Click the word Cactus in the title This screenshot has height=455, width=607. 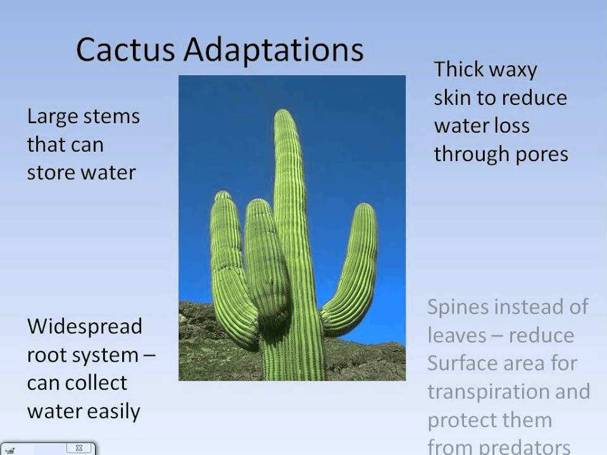click(125, 49)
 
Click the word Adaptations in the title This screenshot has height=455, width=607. click(273, 50)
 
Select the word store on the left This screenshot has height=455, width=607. click(51, 173)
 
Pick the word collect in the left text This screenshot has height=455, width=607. click(96, 383)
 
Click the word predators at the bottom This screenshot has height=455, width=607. click(525, 447)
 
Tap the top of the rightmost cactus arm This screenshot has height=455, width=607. click(365, 204)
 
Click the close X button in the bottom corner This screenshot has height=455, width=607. click(79, 447)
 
